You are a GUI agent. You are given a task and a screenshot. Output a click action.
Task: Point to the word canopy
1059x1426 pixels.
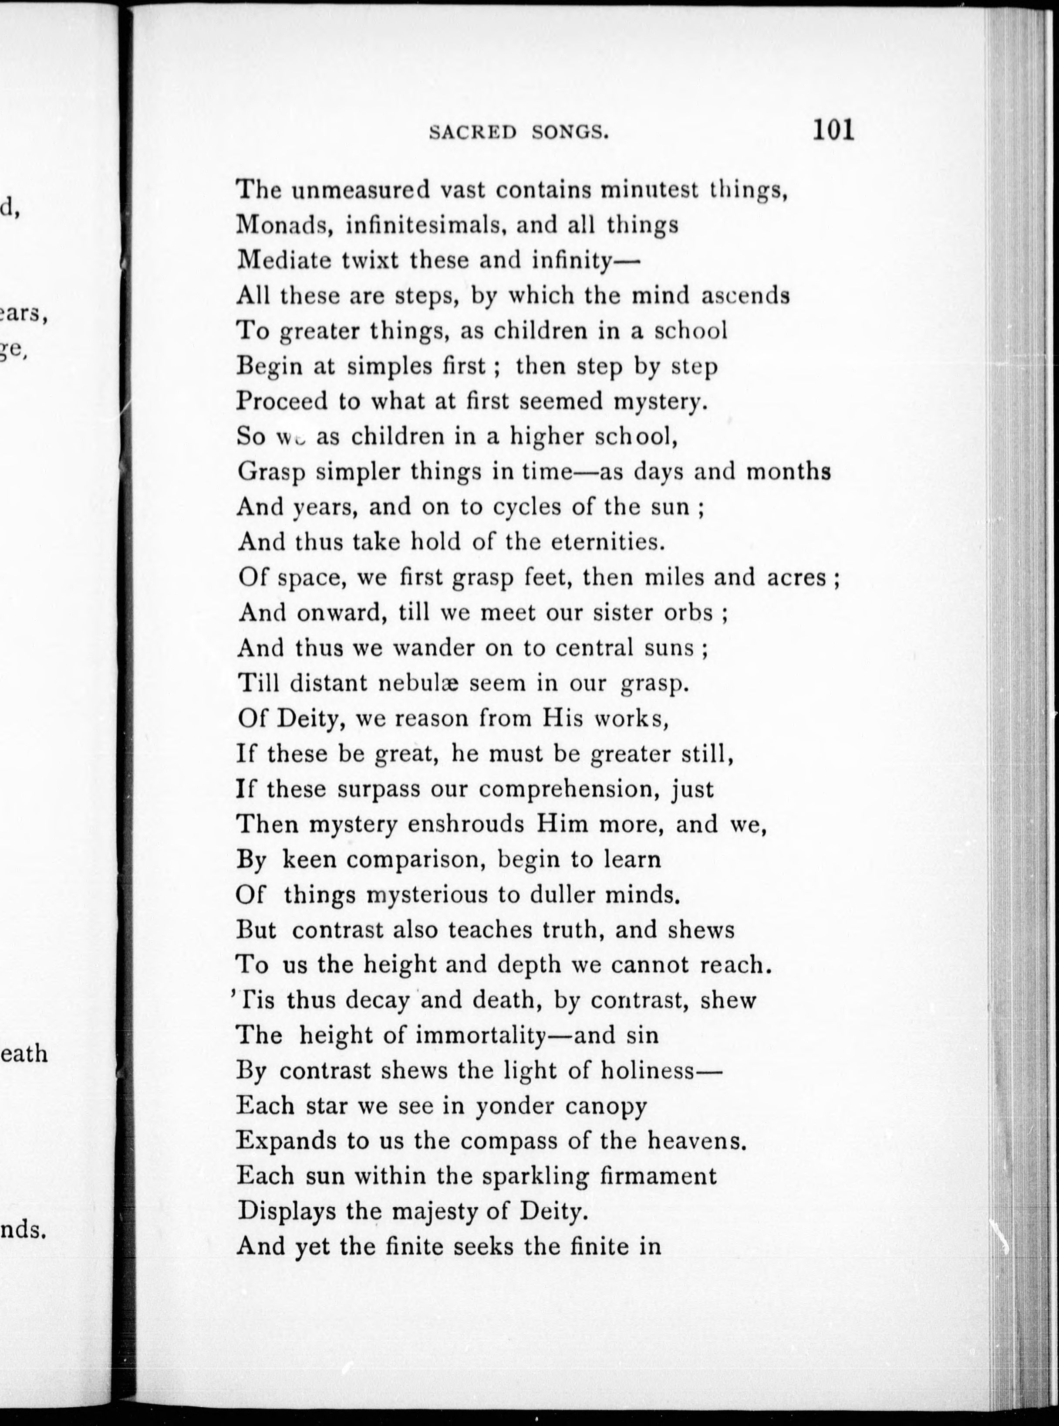pos(606,1107)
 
